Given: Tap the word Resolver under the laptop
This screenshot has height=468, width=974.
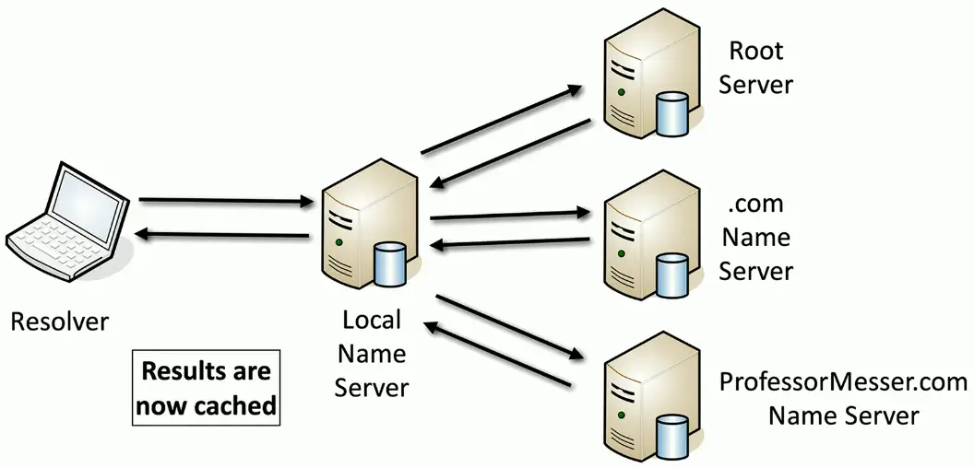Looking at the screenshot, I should (x=59, y=322).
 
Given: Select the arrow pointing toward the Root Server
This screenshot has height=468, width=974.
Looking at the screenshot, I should (x=503, y=119).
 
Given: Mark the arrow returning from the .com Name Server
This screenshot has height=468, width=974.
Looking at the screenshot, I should (x=511, y=243).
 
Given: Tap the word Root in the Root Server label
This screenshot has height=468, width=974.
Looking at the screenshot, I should (x=756, y=50).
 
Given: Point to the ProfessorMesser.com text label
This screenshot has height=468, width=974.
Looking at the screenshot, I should (x=843, y=381).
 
